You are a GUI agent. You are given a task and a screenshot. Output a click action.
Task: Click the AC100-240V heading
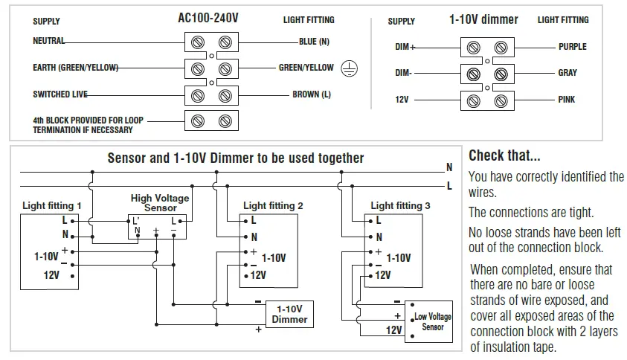point(208,18)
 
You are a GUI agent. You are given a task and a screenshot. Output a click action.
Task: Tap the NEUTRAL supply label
point(48,41)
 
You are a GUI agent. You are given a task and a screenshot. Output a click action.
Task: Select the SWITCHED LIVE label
point(60,94)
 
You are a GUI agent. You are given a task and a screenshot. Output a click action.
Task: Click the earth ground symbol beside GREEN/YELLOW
point(349,68)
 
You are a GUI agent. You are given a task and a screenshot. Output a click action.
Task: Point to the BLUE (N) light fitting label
point(314,42)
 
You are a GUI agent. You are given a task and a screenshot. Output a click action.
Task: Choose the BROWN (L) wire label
point(312,94)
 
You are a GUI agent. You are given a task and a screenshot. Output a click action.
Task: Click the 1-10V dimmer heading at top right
point(483,19)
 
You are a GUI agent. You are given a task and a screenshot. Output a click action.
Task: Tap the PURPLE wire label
point(572,47)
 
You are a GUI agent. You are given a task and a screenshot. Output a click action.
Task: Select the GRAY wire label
point(567,73)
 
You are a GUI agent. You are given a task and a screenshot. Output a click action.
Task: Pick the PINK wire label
point(566,100)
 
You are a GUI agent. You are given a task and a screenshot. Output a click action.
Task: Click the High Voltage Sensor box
point(157,227)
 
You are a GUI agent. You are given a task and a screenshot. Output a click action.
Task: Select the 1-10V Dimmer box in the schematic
point(289,315)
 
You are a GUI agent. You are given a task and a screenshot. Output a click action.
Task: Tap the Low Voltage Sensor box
point(428,321)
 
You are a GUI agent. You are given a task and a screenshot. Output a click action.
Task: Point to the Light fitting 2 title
point(273,206)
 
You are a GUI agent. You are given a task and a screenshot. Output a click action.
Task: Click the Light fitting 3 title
point(400,206)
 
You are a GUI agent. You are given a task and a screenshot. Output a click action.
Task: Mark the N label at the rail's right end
point(449,167)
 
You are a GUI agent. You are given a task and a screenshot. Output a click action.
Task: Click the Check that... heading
point(504,155)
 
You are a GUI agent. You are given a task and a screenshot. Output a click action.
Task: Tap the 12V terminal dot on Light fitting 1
point(72,276)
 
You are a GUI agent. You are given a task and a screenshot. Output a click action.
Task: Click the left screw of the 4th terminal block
point(198,120)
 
